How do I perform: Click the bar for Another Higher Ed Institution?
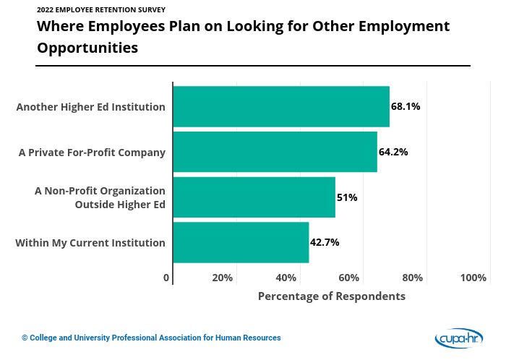point(281,106)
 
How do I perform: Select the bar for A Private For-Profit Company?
point(275,152)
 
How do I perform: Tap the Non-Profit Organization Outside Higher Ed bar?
point(254,197)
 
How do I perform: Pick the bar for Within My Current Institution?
point(241,242)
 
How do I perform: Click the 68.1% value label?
point(406,106)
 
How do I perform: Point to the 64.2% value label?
point(393,152)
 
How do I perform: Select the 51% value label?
point(347,197)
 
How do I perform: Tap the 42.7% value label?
point(325,242)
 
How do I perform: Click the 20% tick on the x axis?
point(222,278)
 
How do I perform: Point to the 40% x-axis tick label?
point(286,278)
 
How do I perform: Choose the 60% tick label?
point(349,278)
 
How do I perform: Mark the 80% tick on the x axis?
point(412,278)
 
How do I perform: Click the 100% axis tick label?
point(473,278)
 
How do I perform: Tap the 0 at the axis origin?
point(166,278)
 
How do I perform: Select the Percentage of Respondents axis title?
point(332,296)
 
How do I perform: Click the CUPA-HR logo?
point(458,338)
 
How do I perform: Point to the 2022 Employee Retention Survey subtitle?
point(100,10)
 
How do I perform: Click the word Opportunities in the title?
point(87,48)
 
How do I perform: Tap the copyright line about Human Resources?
point(151,338)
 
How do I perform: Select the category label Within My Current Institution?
point(90,243)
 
